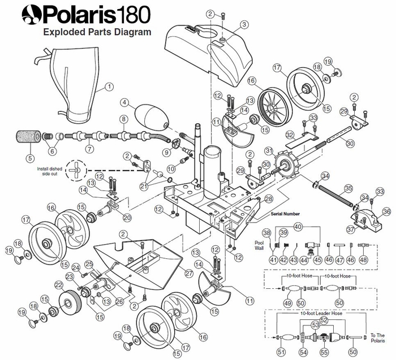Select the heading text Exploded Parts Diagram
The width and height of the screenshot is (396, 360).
click(97, 32)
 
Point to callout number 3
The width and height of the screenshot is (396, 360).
click(244, 24)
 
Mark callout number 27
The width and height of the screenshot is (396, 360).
click(189, 273)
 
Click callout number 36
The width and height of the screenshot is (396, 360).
click(386, 211)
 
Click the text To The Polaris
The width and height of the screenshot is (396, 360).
click(378, 337)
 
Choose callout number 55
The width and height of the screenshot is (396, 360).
click(324, 352)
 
